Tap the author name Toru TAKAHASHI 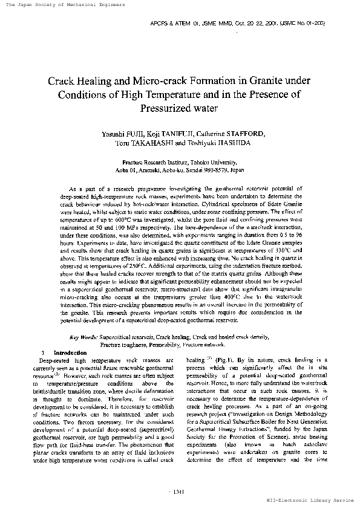point(143,144)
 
